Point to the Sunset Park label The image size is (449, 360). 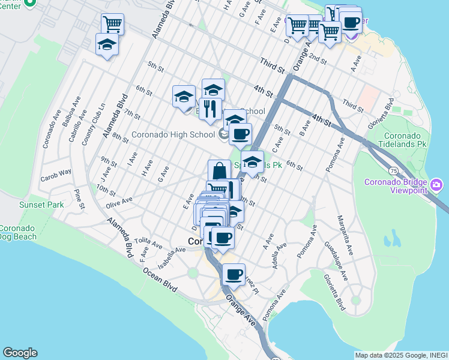[x=17, y=205]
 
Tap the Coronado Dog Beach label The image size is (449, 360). [x=18, y=232]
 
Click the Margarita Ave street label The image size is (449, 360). [x=344, y=228]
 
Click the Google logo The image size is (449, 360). [x=20, y=353]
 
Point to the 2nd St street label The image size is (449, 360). [x=315, y=58]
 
